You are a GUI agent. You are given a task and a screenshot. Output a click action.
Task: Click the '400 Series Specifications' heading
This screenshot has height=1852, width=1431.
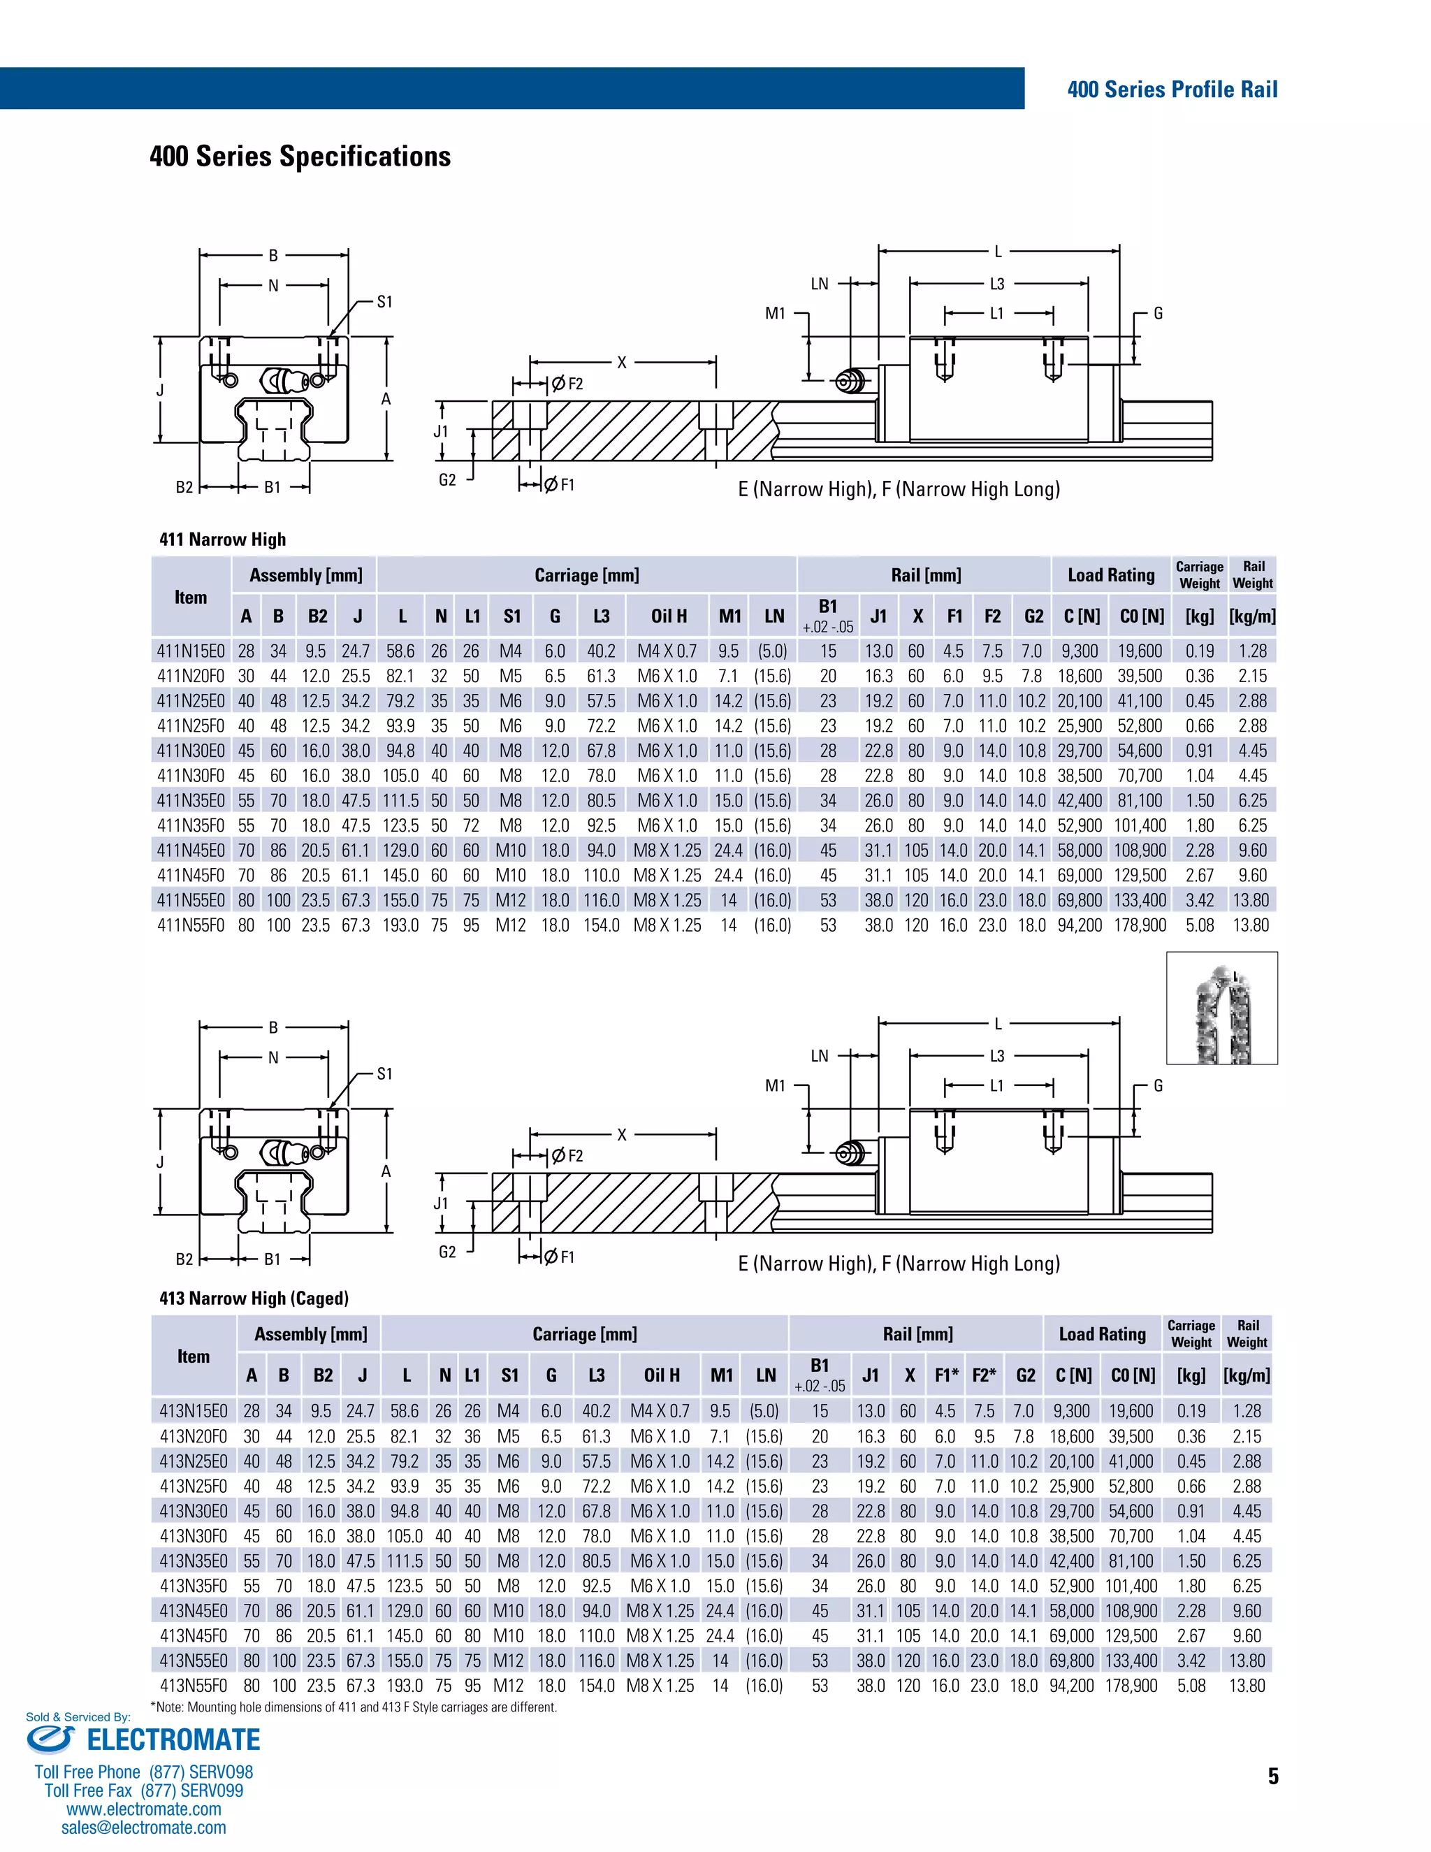(300, 157)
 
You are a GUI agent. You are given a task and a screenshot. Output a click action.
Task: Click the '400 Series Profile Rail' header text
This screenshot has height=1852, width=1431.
(1172, 90)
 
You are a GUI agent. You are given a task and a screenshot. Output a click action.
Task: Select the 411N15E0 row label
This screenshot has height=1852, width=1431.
(191, 651)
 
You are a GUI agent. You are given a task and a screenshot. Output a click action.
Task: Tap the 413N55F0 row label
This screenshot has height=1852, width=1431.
(194, 1685)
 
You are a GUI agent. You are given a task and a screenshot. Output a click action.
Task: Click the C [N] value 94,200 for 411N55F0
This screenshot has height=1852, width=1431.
(1079, 925)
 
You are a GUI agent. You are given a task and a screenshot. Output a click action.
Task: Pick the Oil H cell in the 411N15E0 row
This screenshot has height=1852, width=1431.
(667, 651)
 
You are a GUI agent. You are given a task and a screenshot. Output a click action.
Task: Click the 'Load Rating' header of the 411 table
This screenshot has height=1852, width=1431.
(1110, 575)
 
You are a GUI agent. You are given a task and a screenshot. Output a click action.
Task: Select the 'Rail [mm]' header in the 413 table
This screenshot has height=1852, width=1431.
(917, 1334)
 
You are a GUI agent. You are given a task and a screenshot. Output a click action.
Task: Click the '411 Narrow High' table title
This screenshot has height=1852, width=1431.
(222, 540)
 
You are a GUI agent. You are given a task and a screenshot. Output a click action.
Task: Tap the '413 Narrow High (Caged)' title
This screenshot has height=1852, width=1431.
(254, 1298)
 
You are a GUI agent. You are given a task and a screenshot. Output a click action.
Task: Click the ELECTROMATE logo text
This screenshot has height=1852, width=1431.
(173, 1740)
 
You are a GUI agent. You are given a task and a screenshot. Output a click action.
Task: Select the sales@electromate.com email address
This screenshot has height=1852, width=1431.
(143, 1828)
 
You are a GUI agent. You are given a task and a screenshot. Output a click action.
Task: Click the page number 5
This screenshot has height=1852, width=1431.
(1272, 1777)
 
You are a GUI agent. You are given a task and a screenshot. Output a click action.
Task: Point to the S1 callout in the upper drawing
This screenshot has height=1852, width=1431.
(384, 302)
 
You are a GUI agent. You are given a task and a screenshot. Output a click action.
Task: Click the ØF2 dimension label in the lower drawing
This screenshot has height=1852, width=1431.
(568, 1156)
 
